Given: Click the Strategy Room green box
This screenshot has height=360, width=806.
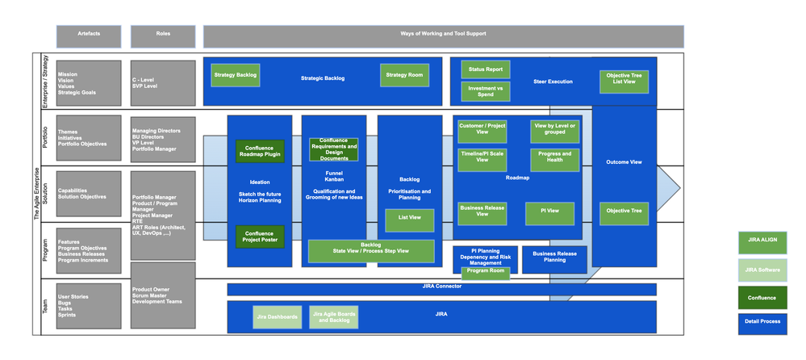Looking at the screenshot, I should click(x=404, y=75).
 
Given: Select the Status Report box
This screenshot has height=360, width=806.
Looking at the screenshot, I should click(x=485, y=69).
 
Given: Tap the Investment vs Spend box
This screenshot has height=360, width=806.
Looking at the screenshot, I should click(x=485, y=91).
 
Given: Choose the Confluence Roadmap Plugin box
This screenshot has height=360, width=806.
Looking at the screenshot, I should click(x=259, y=151).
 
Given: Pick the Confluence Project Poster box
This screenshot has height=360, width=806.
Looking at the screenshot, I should click(x=259, y=237).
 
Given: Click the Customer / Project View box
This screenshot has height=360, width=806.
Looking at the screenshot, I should click(x=482, y=129).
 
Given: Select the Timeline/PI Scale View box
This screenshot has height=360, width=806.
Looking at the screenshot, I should click(x=482, y=159).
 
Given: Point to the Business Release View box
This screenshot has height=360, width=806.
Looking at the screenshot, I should click(x=482, y=213).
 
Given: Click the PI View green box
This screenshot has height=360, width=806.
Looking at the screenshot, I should click(x=549, y=213).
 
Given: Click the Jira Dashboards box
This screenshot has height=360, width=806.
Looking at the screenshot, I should click(x=277, y=317).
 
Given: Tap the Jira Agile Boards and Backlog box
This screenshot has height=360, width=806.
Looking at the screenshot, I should click(x=333, y=317).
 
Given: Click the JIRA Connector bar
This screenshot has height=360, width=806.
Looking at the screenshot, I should click(x=441, y=288).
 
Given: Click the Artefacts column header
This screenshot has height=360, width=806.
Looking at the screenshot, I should click(x=89, y=36).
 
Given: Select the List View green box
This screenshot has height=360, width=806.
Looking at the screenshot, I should click(x=409, y=220).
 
